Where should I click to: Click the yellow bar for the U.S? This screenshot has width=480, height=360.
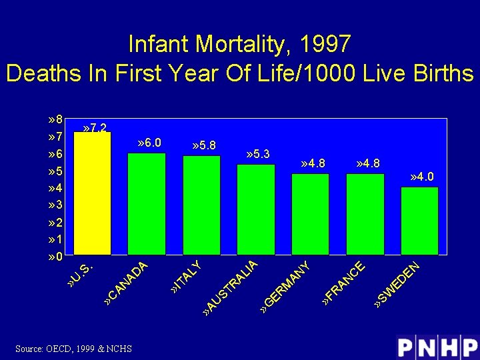tap(92, 193)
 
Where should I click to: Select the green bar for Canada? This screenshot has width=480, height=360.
tap(147, 204)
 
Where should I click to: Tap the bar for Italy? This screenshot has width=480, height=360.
tap(201, 205)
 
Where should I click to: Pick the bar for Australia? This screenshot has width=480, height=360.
tap(256, 209)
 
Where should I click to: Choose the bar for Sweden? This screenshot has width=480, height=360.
tap(419, 221)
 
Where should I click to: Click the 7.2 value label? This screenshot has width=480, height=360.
tap(94, 127)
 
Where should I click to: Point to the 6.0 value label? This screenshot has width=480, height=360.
tap(148, 143)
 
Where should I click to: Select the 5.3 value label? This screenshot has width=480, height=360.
tap(257, 154)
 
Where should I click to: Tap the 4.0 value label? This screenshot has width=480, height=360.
tap(421, 177)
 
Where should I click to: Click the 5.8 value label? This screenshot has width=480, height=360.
tap(203, 145)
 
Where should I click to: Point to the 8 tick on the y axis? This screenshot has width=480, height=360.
tap(56, 120)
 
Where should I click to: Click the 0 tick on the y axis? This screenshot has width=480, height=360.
tap(56, 257)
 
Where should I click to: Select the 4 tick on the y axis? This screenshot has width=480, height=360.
tap(56, 188)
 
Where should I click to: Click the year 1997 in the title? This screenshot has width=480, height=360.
tap(325, 44)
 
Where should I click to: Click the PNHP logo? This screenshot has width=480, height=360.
tap(437, 347)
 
